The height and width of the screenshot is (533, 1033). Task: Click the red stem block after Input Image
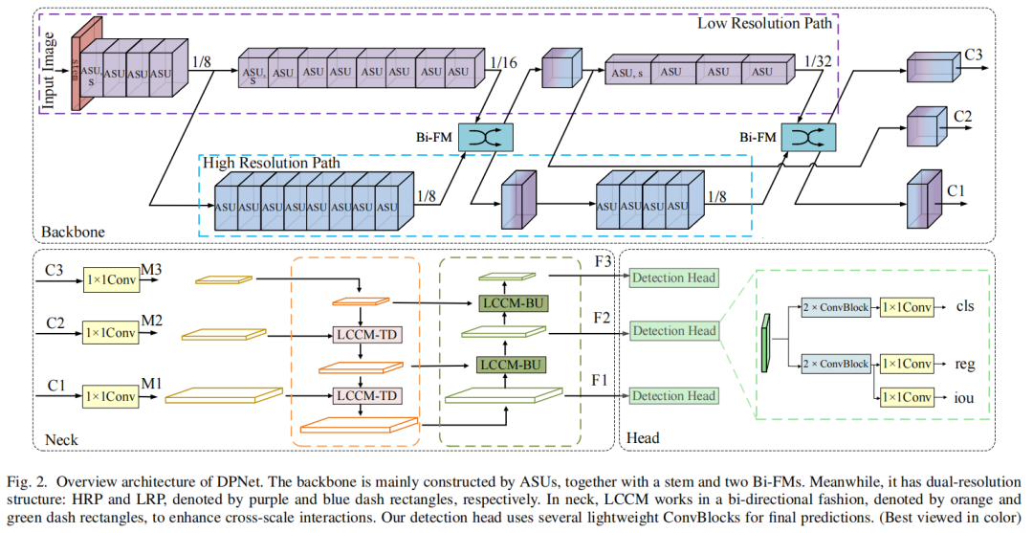point(76,67)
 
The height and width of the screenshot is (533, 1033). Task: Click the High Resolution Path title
point(272,163)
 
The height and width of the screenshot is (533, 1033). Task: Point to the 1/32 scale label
point(819,61)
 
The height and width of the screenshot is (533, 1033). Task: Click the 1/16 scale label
point(503,63)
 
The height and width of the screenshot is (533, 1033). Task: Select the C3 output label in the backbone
point(974,56)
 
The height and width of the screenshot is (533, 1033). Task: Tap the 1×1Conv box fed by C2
point(111,334)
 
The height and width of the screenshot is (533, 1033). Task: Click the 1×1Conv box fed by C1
point(111,395)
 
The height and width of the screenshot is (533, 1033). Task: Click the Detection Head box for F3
point(673,278)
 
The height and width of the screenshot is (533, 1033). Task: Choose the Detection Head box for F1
point(673,395)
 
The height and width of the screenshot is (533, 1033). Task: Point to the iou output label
point(964,396)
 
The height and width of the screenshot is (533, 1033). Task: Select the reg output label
point(964,364)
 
